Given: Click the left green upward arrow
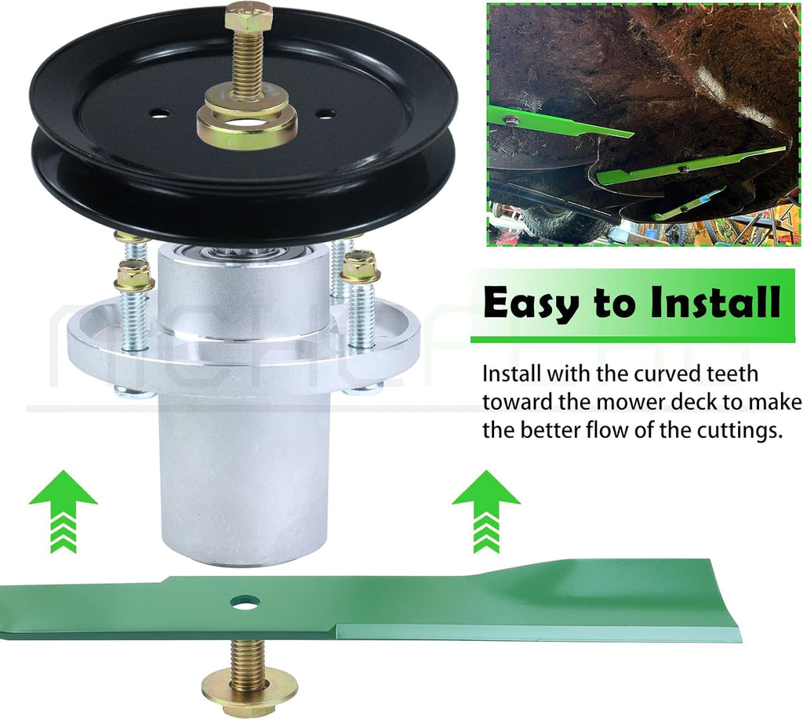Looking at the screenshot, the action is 63,512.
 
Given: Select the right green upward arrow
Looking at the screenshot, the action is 486,512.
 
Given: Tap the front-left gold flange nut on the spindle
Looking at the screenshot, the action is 135,273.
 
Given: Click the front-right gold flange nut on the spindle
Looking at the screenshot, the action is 362,266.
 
